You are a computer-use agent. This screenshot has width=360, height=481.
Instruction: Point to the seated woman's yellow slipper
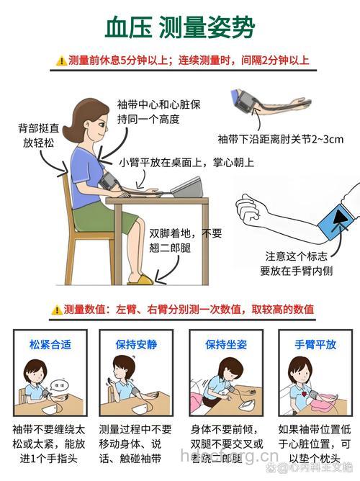pyautogui.click(x=140, y=279)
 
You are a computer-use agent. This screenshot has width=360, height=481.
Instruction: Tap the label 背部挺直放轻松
pyautogui.click(x=40, y=136)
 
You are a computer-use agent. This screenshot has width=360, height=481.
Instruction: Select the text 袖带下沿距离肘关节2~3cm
pyautogui.click(x=281, y=138)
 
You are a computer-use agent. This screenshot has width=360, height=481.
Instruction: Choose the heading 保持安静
pyautogui.click(x=135, y=344)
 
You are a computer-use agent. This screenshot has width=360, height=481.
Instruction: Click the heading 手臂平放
pyautogui.click(x=315, y=344)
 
